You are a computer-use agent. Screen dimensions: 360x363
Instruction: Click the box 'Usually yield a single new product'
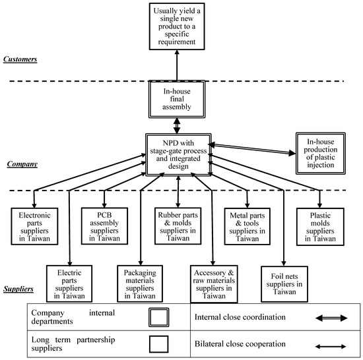(176, 27)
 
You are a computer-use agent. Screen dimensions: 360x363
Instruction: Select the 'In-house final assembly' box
(176, 100)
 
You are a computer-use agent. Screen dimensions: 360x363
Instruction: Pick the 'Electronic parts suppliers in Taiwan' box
(34, 226)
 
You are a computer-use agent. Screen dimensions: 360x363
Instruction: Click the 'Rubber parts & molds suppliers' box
(177, 226)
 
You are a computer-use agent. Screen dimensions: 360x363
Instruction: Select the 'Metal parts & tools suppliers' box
(248, 226)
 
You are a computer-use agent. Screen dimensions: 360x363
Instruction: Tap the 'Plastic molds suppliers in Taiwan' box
(320, 226)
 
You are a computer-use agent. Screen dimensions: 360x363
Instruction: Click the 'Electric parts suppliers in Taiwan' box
(70, 283)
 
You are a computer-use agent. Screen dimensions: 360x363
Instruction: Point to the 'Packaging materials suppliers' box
(141, 283)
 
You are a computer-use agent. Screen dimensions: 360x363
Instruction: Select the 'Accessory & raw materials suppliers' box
(213, 283)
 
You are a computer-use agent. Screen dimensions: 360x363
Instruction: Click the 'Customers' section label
(22, 59)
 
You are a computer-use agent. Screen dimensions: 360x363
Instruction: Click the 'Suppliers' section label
(20, 288)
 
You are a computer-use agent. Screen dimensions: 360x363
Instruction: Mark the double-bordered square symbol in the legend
(159, 316)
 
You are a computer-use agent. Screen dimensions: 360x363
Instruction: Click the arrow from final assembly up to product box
(176, 67)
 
